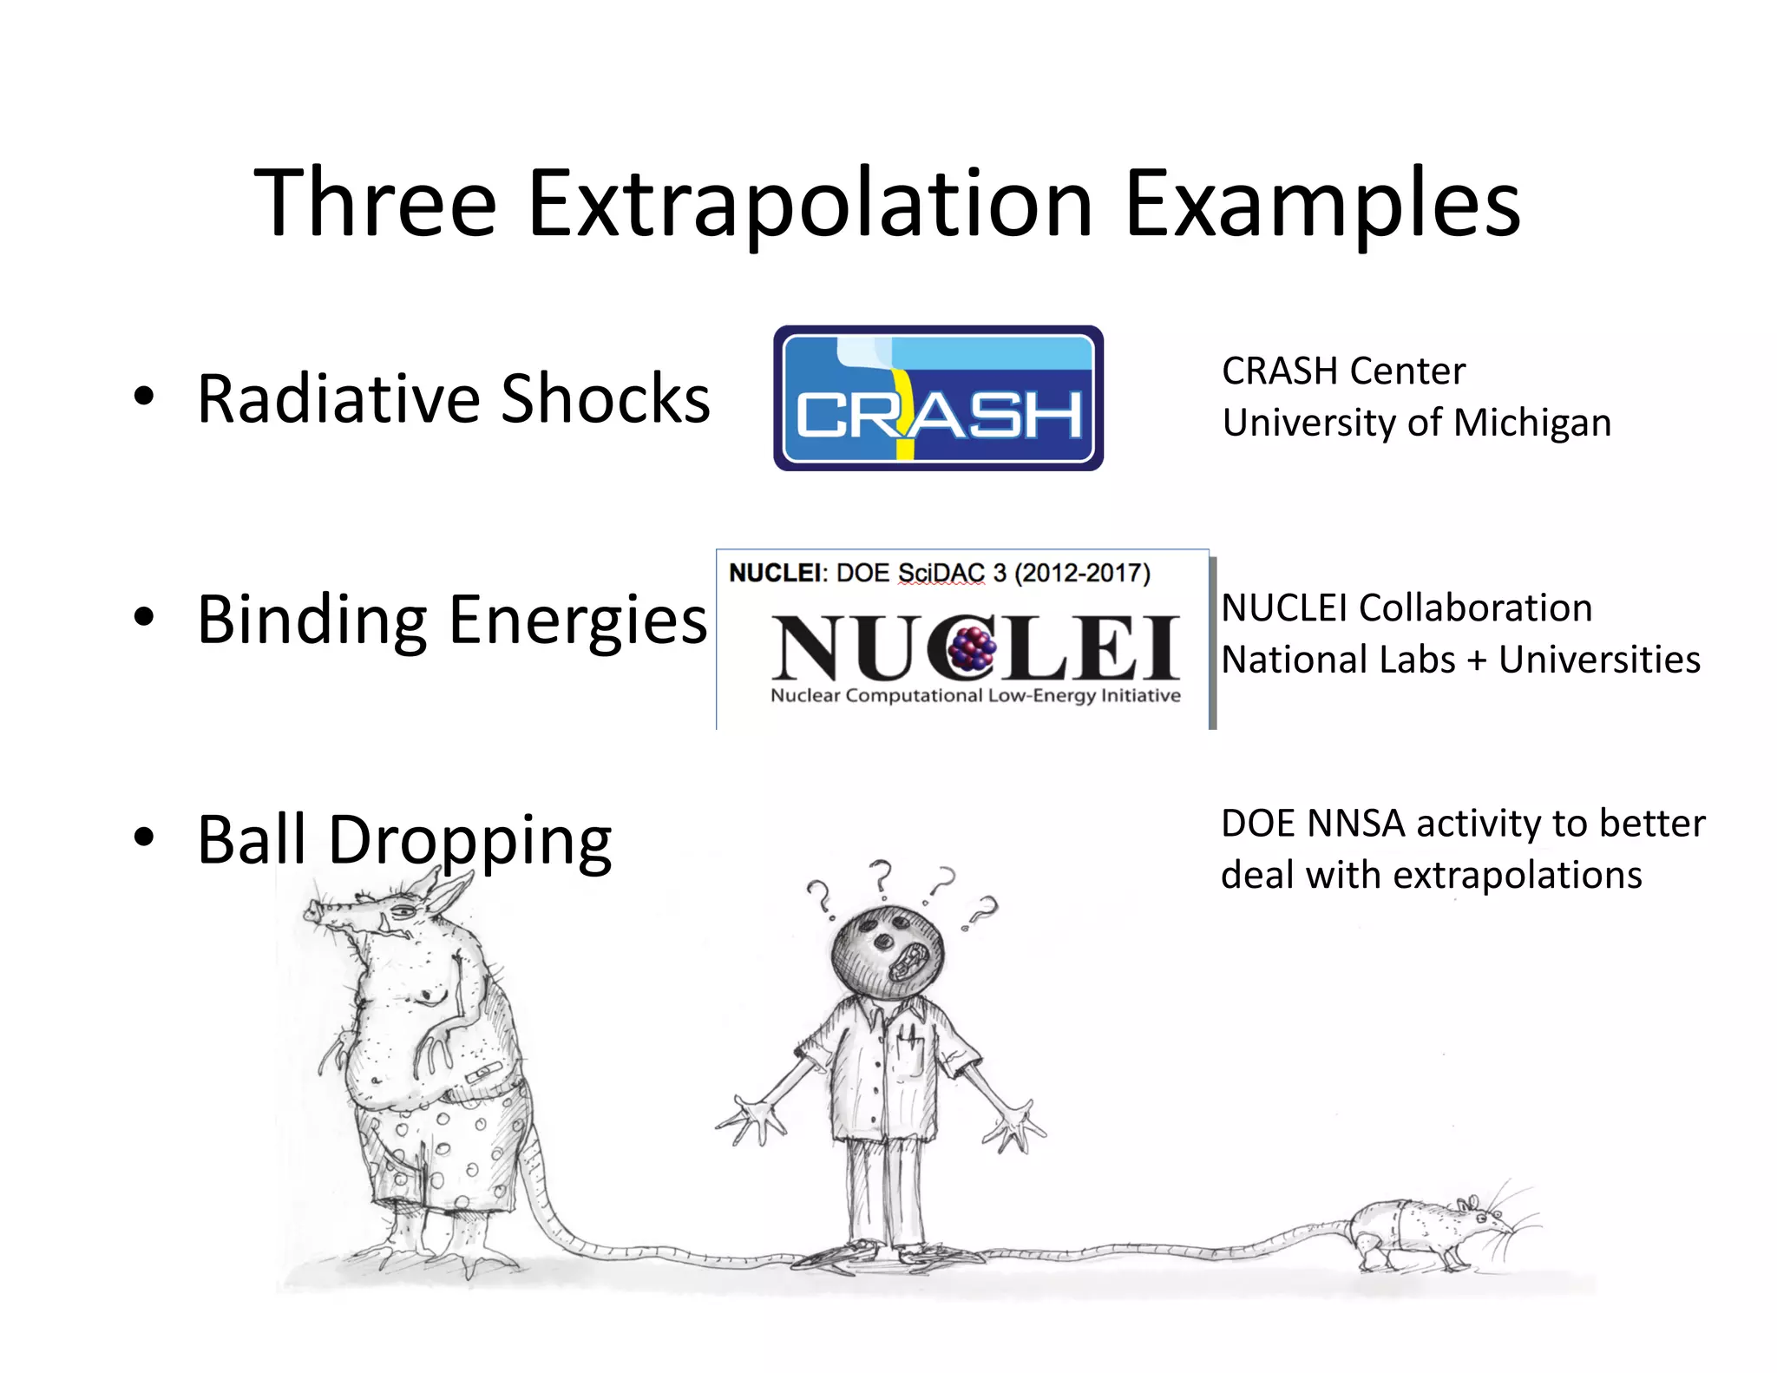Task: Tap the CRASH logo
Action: [938, 398]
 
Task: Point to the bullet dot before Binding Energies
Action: [144, 618]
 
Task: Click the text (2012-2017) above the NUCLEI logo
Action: [1082, 573]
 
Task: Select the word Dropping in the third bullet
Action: [469, 840]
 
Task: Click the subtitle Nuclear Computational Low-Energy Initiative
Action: [975, 695]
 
